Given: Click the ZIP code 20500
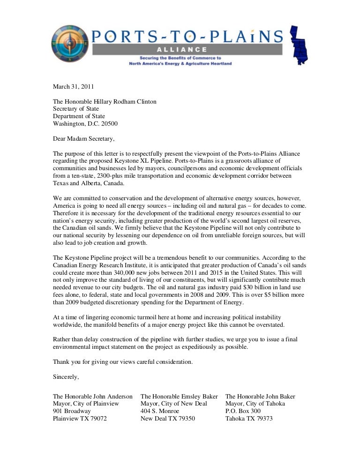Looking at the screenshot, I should click(108, 124).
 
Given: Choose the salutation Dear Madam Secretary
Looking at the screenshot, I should click(83, 139).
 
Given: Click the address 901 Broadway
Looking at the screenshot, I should click(72, 411).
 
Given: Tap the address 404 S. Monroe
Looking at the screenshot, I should click(160, 411).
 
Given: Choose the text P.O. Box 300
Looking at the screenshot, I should click(244, 411).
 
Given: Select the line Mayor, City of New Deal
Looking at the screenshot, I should click(173, 404).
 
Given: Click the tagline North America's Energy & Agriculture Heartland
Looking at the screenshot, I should click(180, 63).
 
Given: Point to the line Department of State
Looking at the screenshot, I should click(79, 116).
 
